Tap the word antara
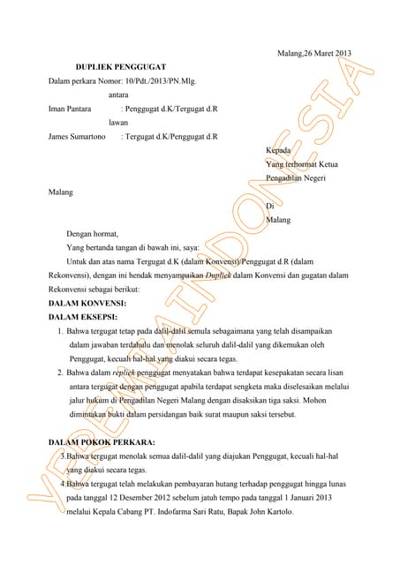point(120,95)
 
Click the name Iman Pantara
point(72,109)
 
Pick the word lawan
point(118,124)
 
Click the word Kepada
point(278,150)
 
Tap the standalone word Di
point(269,206)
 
